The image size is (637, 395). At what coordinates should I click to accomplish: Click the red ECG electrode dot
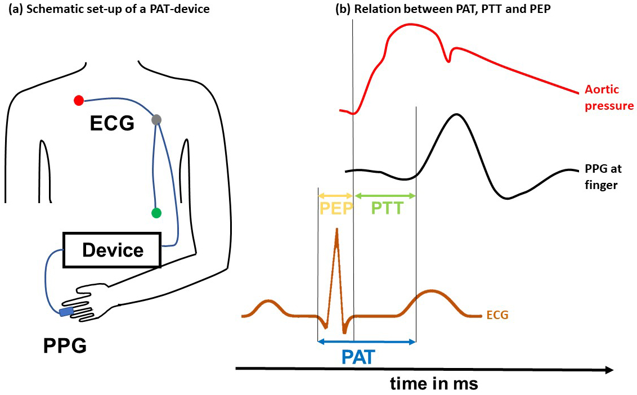(79, 101)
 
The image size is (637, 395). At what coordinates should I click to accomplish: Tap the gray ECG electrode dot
(156, 119)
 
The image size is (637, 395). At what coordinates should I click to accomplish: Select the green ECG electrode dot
(156, 213)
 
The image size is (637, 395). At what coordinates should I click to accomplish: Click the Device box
(113, 250)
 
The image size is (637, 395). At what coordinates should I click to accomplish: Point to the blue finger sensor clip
(66, 311)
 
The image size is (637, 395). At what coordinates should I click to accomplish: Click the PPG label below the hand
(65, 345)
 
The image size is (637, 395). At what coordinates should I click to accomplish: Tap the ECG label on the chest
(112, 122)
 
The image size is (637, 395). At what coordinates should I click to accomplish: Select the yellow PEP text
(337, 209)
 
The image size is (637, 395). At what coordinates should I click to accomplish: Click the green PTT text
(388, 209)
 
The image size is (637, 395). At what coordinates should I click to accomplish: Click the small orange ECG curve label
(497, 315)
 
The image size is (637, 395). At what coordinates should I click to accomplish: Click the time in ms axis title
(434, 384)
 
